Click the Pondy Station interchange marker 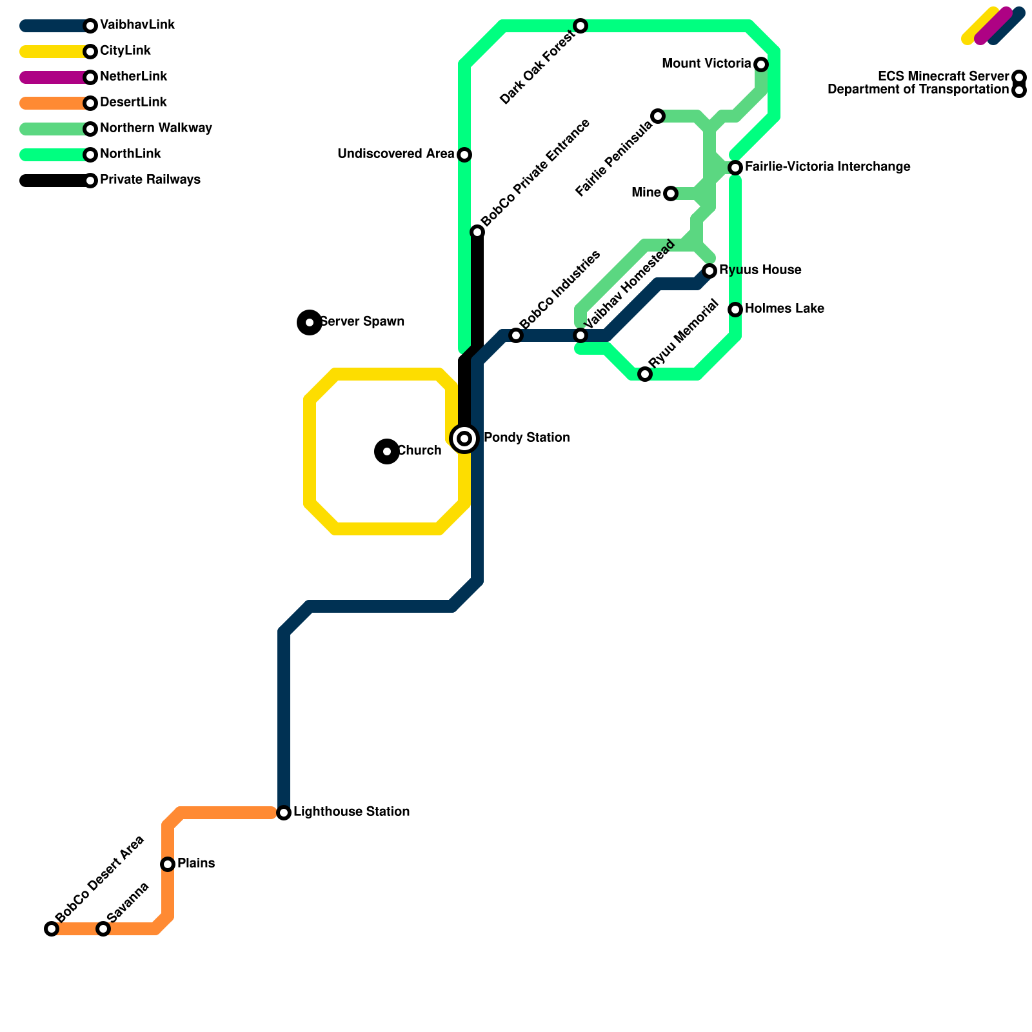coord(464,439)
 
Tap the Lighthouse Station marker coord(284,813)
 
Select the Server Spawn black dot coord(310,322)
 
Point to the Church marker coord(387,451)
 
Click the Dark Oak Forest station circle coord(580,26)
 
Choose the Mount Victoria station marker coord(761,64)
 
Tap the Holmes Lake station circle coord(735,310)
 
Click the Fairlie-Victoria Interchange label coord(828,167)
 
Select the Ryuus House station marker coord(709,271)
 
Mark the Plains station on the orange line coord(168,864)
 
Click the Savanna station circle coord(103,929)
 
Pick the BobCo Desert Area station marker coord(52,929)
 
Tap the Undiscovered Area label coord(395,154)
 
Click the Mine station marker coord(671,193)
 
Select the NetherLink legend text coord(134,77)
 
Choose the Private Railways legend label coord(150,180)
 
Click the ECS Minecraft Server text coord(943,77)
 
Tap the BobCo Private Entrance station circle coord(477,232)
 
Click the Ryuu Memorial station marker coord(645,374)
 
